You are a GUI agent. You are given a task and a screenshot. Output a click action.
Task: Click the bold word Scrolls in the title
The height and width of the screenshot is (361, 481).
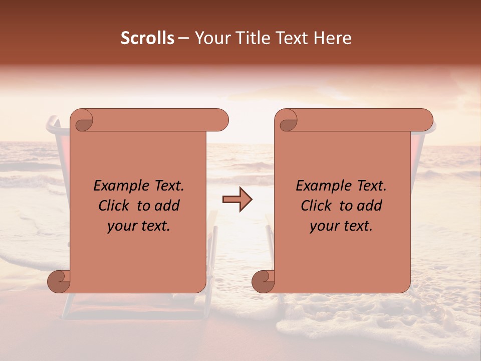coord(147,38)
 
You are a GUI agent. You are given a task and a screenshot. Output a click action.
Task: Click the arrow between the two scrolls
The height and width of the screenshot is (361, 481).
coord(237,200)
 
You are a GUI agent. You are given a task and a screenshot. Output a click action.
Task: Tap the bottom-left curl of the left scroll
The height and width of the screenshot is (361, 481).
coord(59,281)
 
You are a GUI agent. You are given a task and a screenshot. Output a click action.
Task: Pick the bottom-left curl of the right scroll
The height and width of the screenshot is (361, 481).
coord(263,281)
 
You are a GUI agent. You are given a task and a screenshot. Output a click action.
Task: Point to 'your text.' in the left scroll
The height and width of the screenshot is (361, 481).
coord(139,226)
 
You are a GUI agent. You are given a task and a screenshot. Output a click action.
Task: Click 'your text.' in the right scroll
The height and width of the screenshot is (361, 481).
coord(341,226)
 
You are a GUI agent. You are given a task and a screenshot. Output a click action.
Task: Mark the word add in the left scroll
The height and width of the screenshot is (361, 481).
coord(168,206)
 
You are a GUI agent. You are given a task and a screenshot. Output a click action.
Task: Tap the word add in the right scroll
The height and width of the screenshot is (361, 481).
coord(370,206)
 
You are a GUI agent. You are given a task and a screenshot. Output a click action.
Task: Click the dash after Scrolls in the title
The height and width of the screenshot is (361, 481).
coord(183,38)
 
